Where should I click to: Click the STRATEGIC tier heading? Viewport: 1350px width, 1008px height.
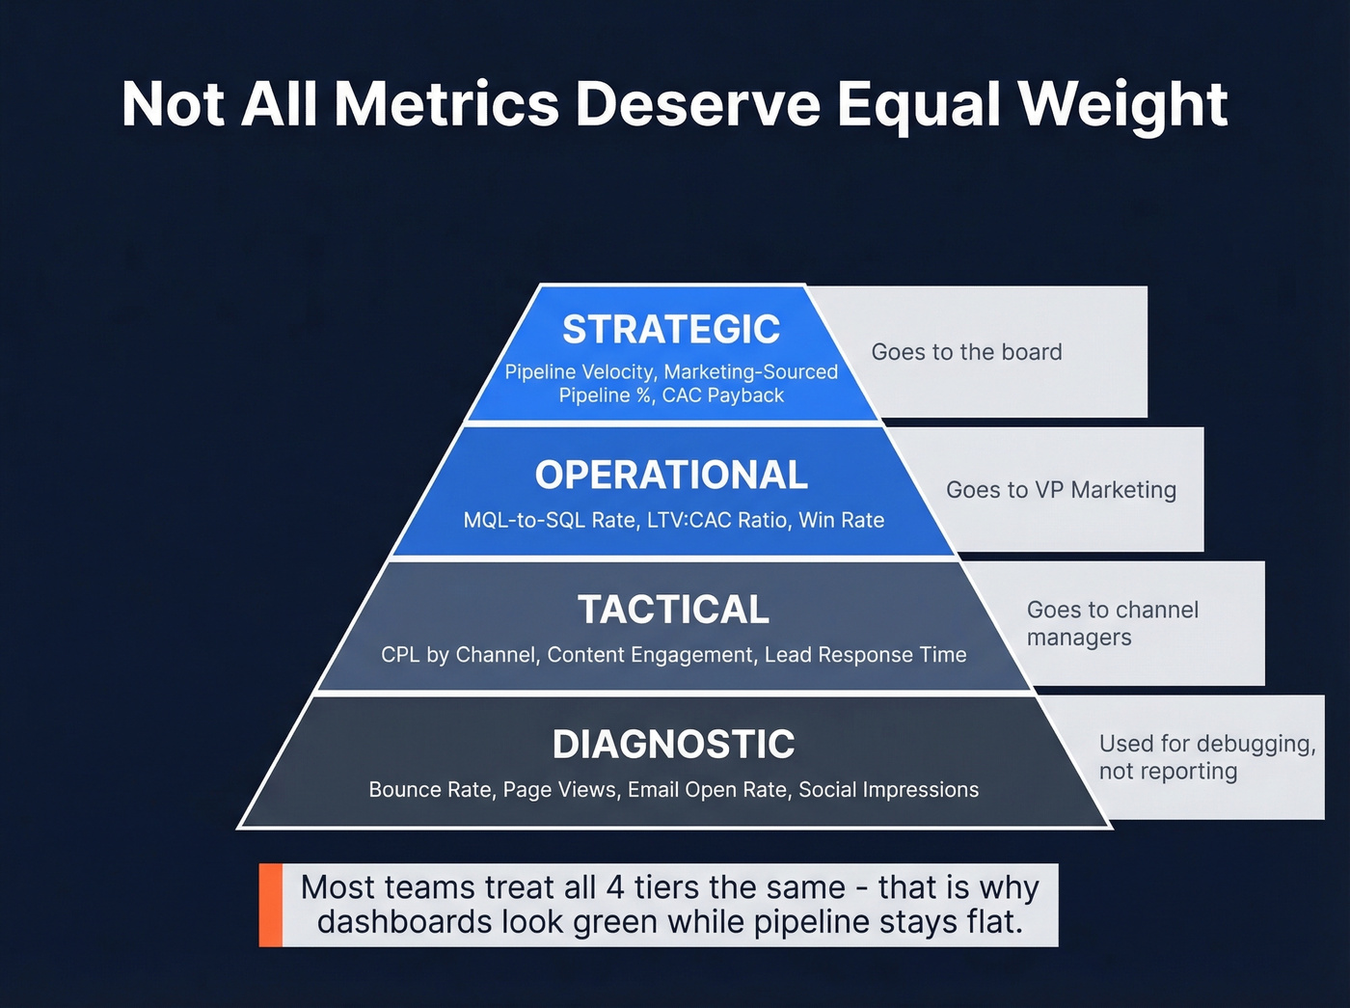coord(671,330)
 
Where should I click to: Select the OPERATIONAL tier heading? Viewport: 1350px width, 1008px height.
coord(671,475)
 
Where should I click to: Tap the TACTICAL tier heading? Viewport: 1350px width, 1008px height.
coord(673,610)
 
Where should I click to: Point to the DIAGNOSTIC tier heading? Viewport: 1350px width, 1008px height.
coord(673,745)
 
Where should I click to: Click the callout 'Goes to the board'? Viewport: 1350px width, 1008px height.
coord(966,352)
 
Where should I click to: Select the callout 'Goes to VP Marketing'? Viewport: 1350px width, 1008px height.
coord(1061,490)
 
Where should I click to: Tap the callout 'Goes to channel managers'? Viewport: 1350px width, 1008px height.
coord(1112,623)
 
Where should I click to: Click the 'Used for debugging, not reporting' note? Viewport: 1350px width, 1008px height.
coord(1206,757)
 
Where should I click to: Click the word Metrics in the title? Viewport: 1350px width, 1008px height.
coord(446,103)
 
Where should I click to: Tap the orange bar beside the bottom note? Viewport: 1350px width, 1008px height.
coord(271,905)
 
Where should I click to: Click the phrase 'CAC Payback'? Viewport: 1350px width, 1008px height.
coord(723,395)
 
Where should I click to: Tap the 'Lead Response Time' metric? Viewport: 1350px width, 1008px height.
coord(865,655)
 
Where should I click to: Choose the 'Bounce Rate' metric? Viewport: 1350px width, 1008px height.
coord(430,790)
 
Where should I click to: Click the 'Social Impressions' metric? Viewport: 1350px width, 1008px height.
coord(888,790)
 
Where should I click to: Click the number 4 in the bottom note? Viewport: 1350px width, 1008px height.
coord(615,887)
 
